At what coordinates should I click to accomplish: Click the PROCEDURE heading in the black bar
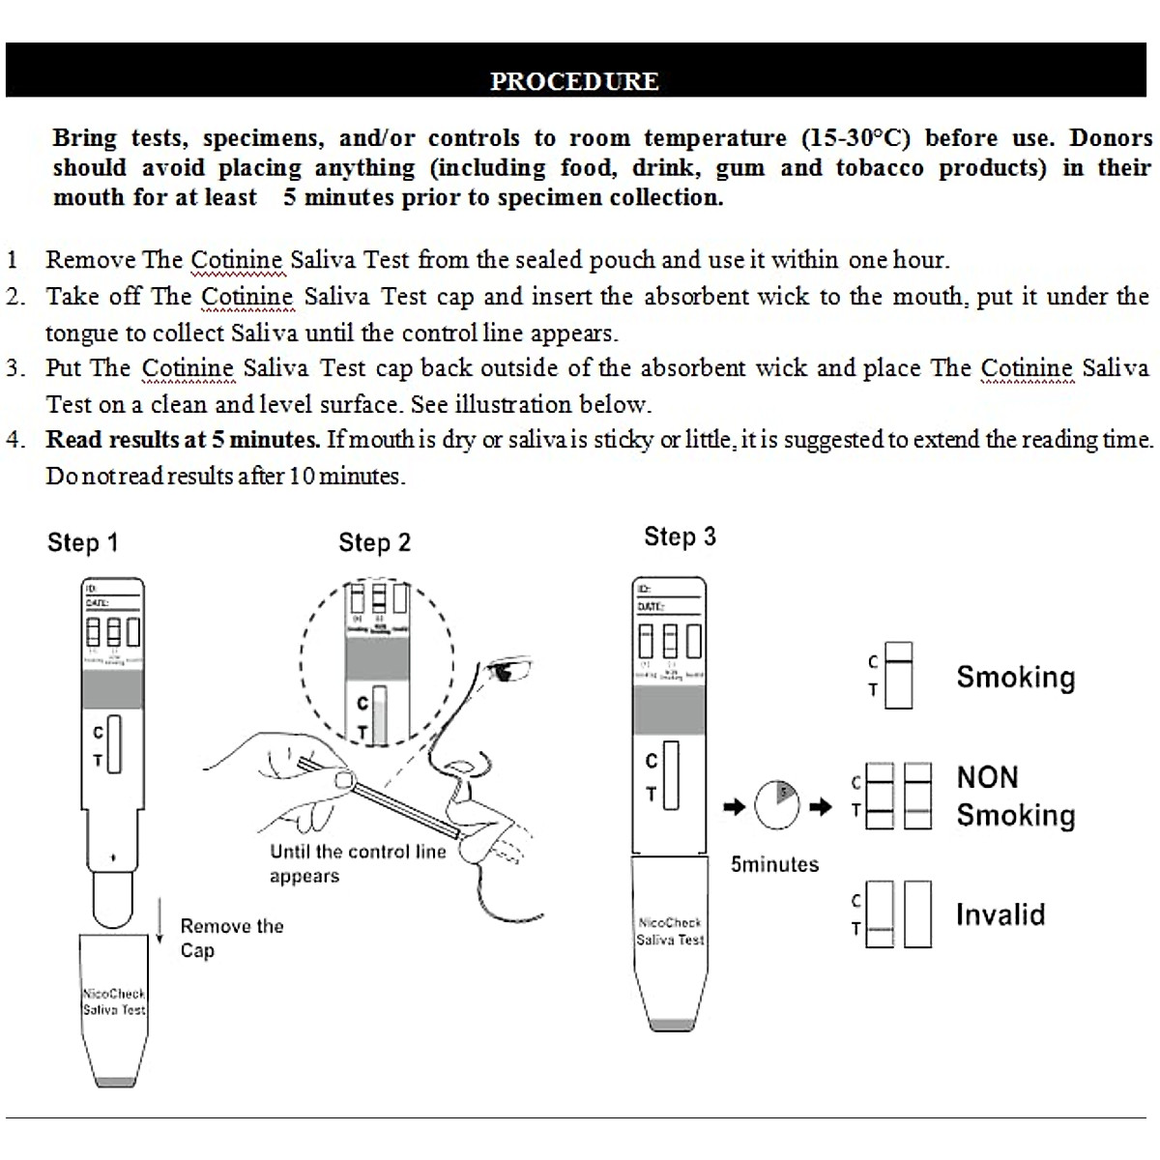pos(574,81)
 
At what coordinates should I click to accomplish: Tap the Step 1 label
pos(82,543)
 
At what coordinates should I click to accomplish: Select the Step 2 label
pos(374,543)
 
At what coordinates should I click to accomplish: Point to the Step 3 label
pos(680,537)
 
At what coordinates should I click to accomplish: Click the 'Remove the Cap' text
pos(231,938)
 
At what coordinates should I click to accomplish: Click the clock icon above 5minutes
pos(777,804)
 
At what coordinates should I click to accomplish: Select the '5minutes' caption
pos(774,864)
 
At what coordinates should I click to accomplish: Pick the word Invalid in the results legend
pos(1000,914)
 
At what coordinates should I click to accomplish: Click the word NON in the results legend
pos(987,777)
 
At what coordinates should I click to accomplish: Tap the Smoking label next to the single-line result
pos(1015,677)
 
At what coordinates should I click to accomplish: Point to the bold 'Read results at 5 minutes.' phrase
pos(183,440)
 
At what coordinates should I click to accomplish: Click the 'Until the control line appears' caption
pos(357,863)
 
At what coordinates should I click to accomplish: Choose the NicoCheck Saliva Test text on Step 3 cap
pos(670,931)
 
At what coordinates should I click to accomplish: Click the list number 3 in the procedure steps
pos(15,368)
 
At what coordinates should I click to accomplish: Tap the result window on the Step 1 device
pos(114,744)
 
